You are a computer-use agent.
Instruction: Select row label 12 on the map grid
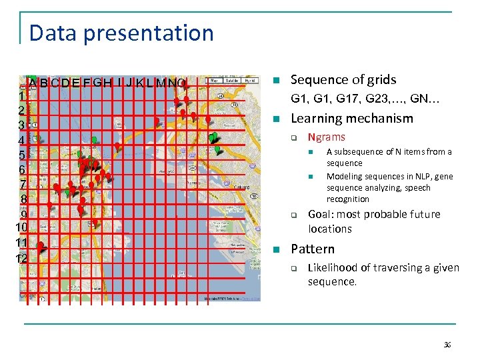(22, 259)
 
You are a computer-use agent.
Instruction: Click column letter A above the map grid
(32, 83)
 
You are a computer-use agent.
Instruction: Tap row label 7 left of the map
(23, 185)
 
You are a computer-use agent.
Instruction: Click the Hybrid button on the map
(251, 80)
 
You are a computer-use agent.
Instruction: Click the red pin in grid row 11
(40, 247)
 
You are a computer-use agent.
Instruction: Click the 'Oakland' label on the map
(241, 187)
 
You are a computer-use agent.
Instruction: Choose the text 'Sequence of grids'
(343, 80)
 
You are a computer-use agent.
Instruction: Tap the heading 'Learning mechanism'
(352, 119)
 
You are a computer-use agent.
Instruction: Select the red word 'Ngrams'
(326, 137)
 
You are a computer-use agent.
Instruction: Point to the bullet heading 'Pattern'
(313, 249)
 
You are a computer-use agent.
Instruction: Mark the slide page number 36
(447, 345)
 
